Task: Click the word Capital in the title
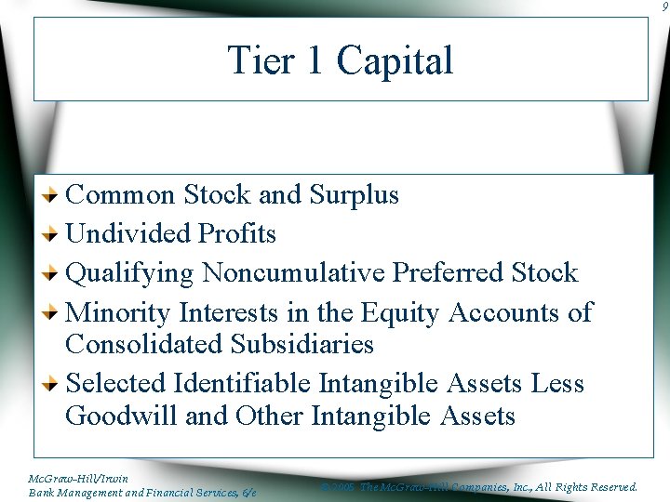pyautogui.click(x=395, y=61)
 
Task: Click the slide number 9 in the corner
pyautogui.click(x=663, y=6)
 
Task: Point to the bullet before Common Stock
pyautogui.click(x=55, y=195)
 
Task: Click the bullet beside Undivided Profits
pyautogui.click(x=55, y=234)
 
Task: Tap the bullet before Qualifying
pyautogui.click(x=55, y=273)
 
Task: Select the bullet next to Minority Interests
pyautogui.click(x=55, y=312)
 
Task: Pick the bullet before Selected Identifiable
pyautogui.click(x=55, y=383)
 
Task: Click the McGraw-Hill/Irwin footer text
pyautogui.click(x=78, y=479)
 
